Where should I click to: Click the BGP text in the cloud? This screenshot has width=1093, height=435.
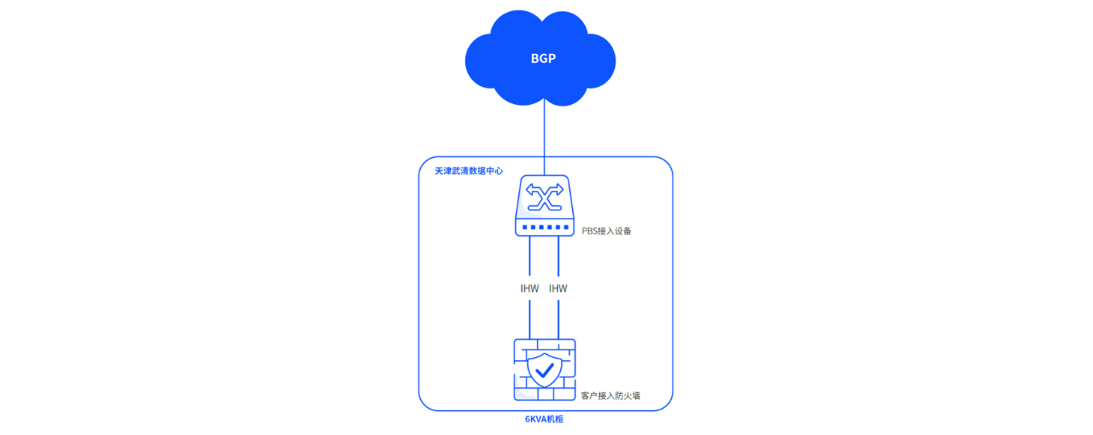543,59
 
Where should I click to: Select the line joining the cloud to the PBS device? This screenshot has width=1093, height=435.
544,136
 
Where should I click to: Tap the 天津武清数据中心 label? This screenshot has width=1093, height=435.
468,171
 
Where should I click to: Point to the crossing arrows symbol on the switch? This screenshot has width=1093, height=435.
544,197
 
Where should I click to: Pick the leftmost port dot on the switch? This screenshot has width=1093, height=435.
524,227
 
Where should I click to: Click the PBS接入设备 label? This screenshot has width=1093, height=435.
606,231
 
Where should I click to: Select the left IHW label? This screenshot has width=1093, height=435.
529,288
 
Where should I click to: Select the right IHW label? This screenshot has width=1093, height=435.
558,288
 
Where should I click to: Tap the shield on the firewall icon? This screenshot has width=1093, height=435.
544,370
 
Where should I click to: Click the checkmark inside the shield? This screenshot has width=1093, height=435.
544,370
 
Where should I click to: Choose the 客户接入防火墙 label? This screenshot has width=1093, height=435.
610,396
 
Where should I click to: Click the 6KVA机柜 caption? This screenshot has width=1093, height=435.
544,420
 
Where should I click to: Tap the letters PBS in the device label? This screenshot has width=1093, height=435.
590,231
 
